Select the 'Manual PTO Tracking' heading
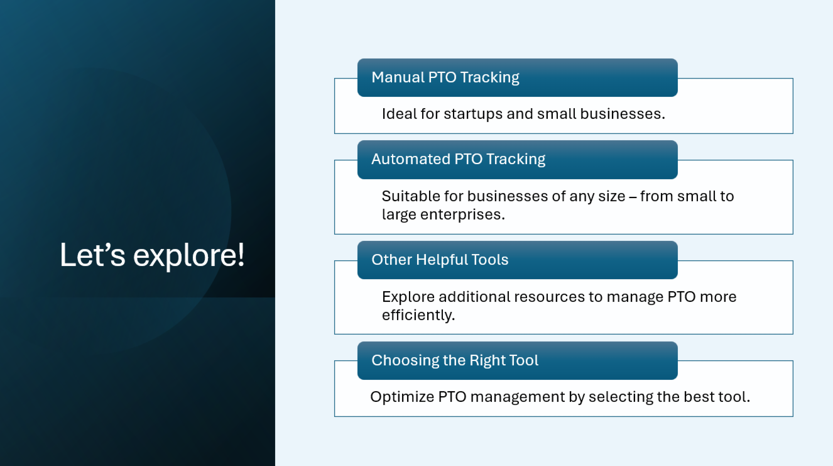(x=445, y=77)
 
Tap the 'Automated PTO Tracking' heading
(x=458, y=159)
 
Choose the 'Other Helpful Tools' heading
(x=440, y=260)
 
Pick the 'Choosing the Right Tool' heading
(x=455, y=360)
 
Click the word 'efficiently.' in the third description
(x=418, y=315)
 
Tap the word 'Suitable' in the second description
(x=406, y=196)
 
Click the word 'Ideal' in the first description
(x=397, y=114)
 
